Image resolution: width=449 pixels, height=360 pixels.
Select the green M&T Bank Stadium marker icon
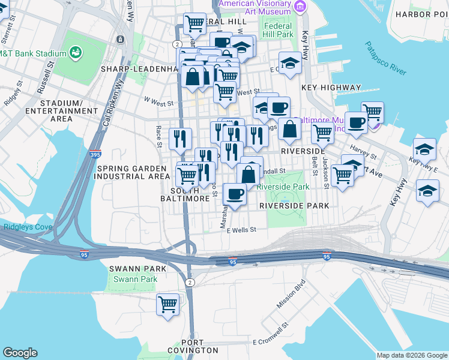(76, 54)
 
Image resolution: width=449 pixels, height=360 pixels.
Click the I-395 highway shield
(95, 154)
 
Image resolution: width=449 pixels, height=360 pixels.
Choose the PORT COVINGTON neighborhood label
(192, 346)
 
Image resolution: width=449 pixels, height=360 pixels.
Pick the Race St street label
(159, 137)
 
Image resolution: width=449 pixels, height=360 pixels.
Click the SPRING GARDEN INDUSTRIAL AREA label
(133, 172)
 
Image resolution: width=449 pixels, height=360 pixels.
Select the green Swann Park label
(135, 279)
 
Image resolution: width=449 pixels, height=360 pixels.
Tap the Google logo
(20, 353)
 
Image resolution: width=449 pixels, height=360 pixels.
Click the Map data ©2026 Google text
(412, 355)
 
